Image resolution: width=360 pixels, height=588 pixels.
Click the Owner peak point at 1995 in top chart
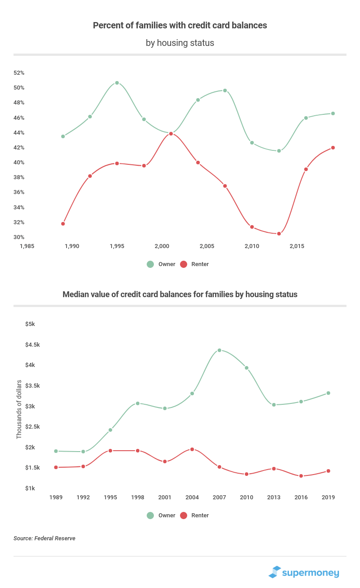point(117,83)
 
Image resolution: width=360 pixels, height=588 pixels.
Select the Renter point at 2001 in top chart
point(171,134)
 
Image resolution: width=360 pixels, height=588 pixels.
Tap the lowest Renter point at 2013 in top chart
point(279,234)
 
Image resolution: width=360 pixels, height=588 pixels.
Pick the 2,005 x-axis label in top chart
point(207,246)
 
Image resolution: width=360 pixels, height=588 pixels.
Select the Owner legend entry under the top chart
point(161,264)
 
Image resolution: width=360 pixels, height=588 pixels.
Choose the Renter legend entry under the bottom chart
point(194,515)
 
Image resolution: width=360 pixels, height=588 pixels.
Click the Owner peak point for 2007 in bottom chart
point(219,350)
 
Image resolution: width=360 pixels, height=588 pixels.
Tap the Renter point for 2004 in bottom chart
point(192,449)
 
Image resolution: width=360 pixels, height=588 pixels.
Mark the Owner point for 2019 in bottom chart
point(328,393)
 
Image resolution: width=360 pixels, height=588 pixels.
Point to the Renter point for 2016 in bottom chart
point(301,476)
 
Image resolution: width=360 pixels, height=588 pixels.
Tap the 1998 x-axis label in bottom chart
point(138,498)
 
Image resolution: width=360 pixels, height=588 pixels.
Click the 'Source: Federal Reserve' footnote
point(44,538)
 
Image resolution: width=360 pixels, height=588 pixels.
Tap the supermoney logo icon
point(274,572)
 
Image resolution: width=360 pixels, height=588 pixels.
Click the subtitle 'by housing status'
point(180,43)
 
